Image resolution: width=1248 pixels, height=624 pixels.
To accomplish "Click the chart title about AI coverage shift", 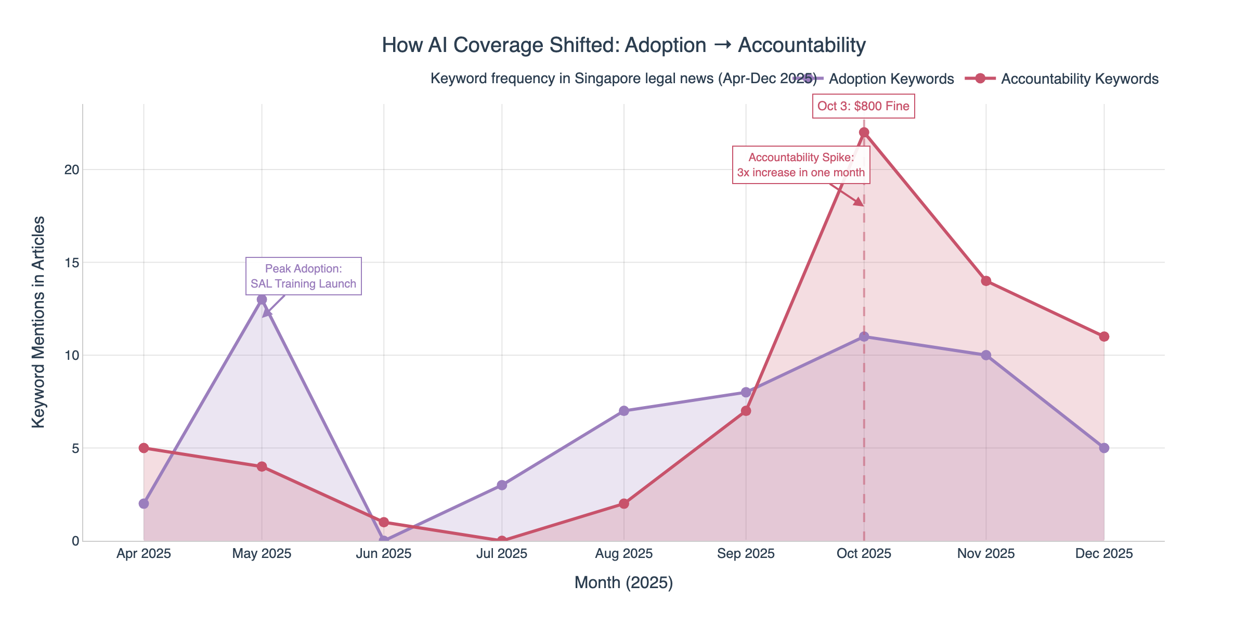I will [x=623, y=45].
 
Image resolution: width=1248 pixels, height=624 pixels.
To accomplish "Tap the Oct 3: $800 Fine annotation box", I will [x=863, y=106].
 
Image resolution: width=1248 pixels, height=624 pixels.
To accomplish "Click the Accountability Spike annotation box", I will [x=801, y=165].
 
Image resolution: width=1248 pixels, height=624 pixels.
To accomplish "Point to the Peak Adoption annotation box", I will [x=303, y=276].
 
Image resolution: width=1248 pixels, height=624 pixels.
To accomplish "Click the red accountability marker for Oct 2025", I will [x=864, y=133].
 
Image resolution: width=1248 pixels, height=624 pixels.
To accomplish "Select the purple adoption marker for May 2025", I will [x=262, y=300].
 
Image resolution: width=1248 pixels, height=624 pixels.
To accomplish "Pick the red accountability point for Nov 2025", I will [x=986, y=281].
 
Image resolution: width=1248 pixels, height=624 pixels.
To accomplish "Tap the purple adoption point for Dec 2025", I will [x=1104, y=448].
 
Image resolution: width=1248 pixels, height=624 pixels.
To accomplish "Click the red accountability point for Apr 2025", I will [x=144, y=448].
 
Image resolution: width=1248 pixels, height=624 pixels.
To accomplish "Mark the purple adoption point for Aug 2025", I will [x=624, y=411].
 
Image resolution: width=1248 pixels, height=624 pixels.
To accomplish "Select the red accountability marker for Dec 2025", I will [x=1104, y=336].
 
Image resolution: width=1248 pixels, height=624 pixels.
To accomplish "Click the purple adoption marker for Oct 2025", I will [x=864, y=336].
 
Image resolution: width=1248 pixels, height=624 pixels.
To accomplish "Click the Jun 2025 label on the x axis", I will [x=384, y=554].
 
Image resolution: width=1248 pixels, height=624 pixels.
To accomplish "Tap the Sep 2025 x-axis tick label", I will [x=746, y=554].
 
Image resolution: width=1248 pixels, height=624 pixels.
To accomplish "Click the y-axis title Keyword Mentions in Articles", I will [x=38, y=322].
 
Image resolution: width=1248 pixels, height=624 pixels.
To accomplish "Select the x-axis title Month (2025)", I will [x=623, y=583].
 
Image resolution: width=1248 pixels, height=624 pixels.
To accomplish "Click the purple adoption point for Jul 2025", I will [x=502, y=485].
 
